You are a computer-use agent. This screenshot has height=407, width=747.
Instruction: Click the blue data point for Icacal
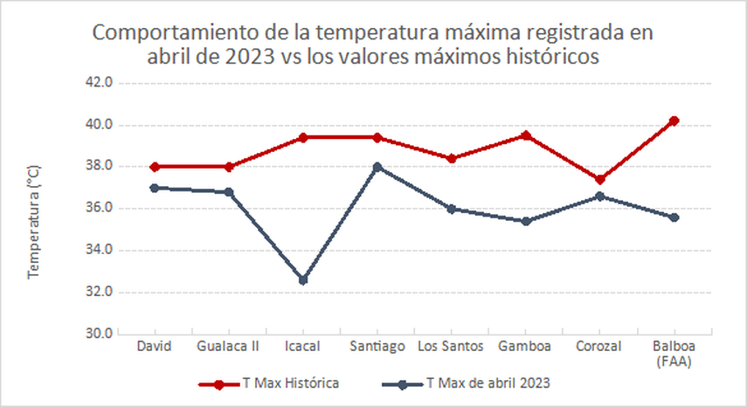[x=303, y=280]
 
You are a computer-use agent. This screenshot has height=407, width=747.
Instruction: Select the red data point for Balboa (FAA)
[x=674, y=121]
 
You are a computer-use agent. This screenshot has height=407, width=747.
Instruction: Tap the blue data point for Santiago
[x=377, y=167]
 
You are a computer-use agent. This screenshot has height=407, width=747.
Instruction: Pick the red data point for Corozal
[x=599, y=180]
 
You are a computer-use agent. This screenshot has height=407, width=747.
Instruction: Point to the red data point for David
[x=155, y=167]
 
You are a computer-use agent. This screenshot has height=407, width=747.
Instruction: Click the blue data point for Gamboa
[x=525, y=222]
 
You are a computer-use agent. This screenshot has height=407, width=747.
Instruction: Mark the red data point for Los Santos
[x=451, y=159]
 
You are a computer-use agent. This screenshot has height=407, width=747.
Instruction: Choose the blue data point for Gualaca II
[x=229, y=192]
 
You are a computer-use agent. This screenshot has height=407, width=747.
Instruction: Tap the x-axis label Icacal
[x=303, y=347]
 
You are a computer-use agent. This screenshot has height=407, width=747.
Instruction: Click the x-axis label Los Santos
[x=451, y=347]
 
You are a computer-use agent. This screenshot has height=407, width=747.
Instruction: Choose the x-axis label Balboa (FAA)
[x=674, y=354]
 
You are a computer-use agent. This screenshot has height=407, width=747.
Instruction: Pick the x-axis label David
[x=155, y=347]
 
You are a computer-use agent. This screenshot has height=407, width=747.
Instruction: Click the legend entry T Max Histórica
[x=289, y=383]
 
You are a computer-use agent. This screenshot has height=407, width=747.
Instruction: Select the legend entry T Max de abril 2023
[x=488, y=383]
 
